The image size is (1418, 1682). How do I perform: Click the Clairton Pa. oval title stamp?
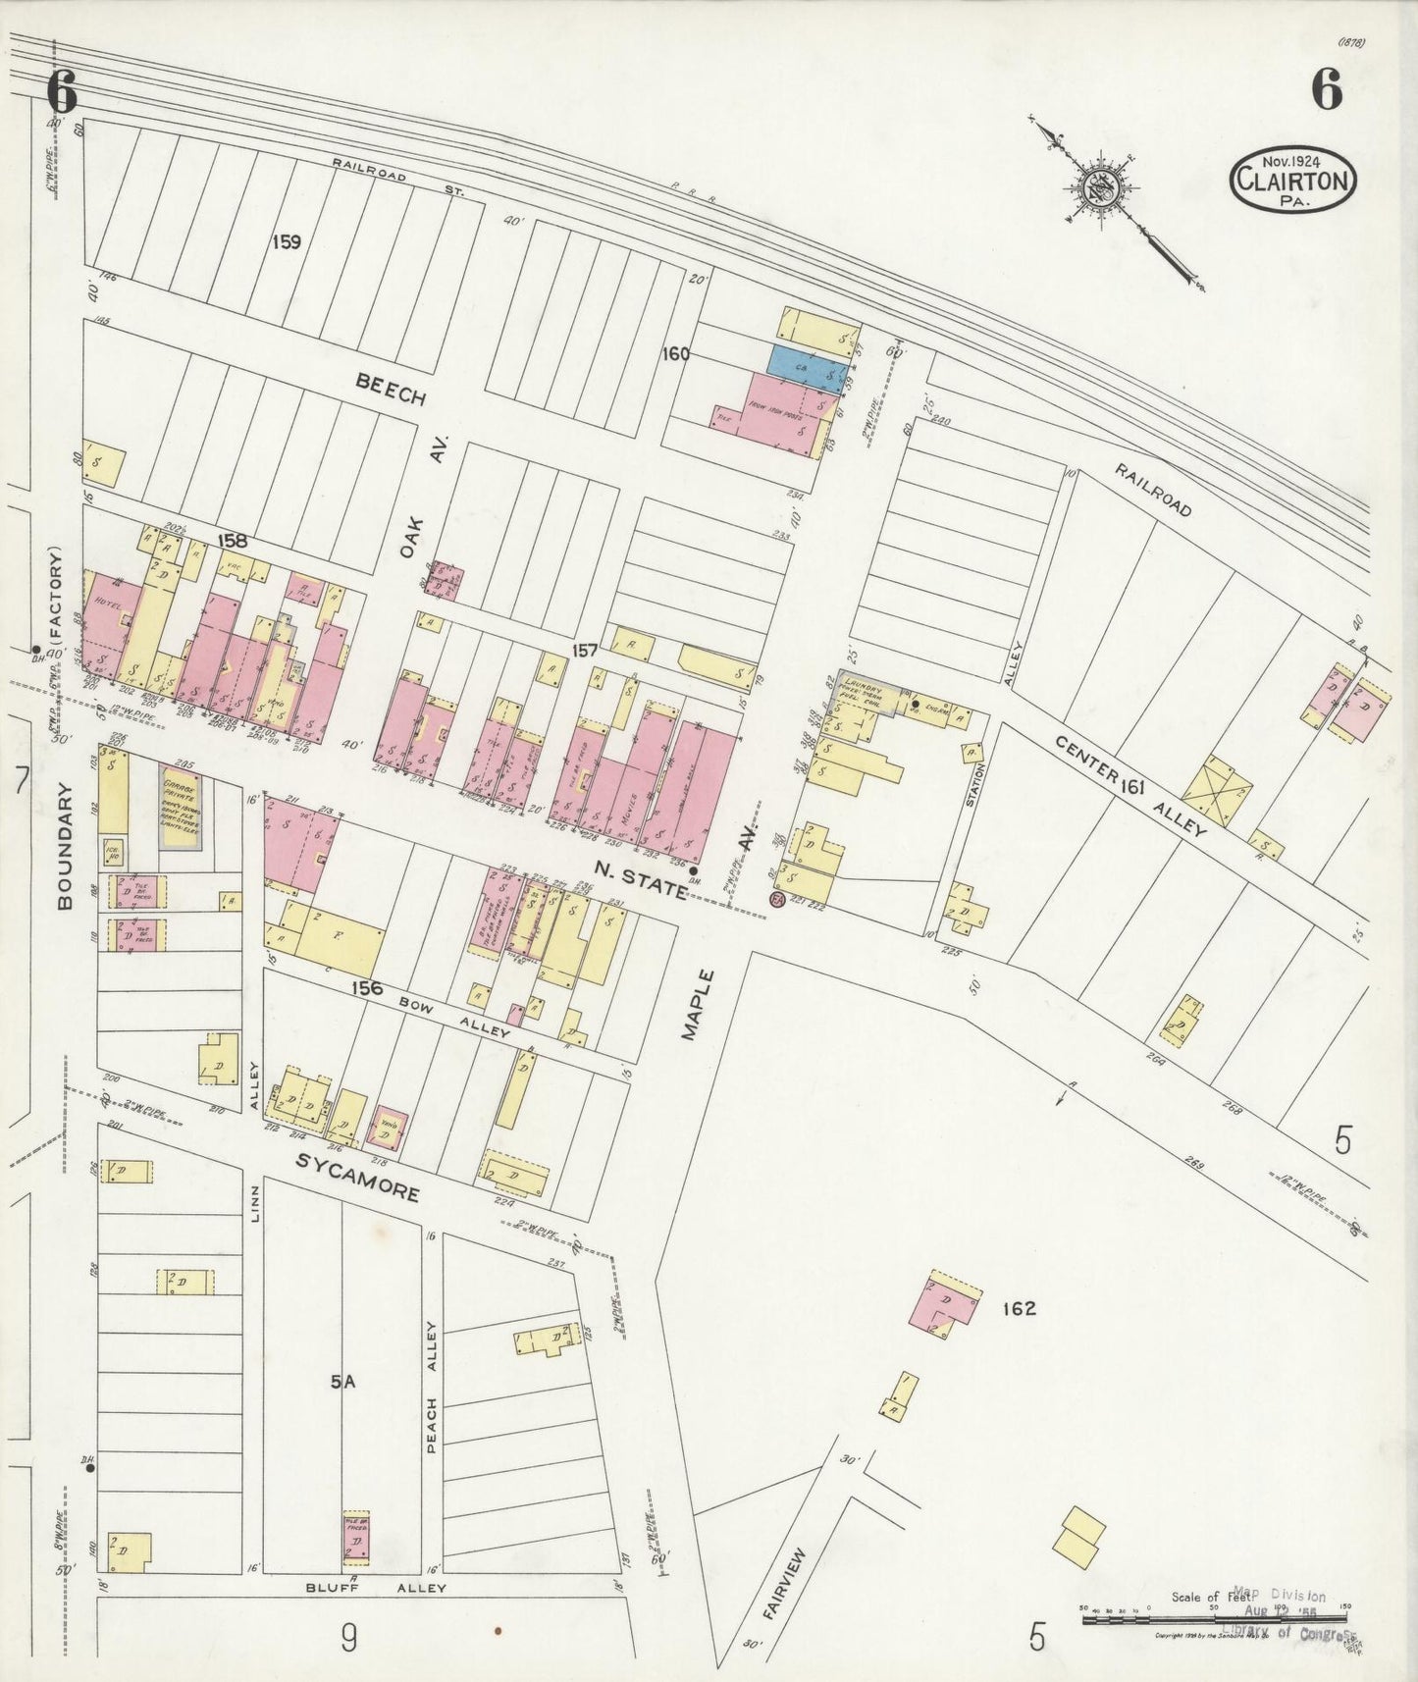[x=1293, y=179]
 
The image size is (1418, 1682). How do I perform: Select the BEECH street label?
[x=391, y=390]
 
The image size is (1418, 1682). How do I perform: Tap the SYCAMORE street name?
[x=357, y=1177]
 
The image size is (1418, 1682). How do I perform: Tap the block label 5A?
[x=341, y=1382]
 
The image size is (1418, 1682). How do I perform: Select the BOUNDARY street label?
[x=65, y=846]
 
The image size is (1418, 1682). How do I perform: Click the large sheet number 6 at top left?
[x=61, y=93]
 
